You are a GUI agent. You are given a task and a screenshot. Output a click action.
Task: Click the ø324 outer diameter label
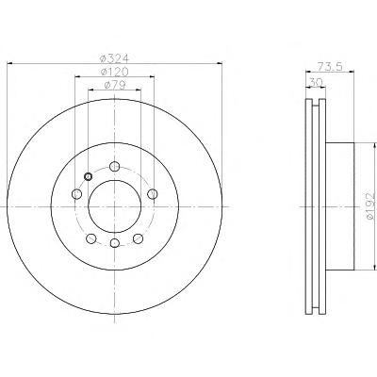(114, 58)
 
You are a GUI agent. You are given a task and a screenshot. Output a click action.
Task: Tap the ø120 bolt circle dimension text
(115, 72)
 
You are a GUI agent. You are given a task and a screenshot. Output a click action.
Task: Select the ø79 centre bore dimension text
(115, 85)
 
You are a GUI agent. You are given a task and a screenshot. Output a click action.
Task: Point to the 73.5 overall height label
(329, 67)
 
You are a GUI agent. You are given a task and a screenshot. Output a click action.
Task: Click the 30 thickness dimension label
(316, 82)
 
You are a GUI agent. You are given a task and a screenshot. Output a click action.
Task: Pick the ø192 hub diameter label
(370, 206)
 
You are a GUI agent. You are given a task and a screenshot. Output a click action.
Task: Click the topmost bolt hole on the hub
(115, 166)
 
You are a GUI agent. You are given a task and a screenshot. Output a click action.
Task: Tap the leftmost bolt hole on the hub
(76, 194)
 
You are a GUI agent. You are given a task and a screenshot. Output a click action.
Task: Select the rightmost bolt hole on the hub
(153, 194)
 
